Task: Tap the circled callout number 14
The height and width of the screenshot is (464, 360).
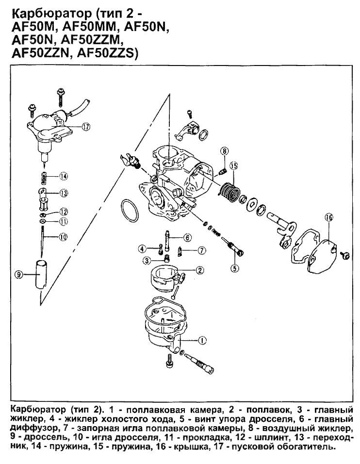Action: (x=64, y=176)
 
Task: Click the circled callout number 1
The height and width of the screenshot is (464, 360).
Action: (x=202, y=340)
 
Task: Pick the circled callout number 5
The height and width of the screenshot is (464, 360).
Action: (x=234, y=266)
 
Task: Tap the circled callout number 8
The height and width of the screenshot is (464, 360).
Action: (x=224, y=151)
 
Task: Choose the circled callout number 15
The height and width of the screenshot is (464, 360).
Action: (x=234, y=166)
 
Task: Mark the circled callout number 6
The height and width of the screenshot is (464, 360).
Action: (x=187, y=237)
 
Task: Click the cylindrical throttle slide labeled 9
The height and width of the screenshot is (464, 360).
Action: (x=41, y=275)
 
